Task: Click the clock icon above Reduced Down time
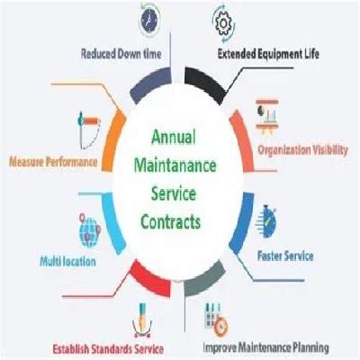pos(148,20)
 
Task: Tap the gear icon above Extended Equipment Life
pos(222,23)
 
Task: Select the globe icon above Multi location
pos(89,230)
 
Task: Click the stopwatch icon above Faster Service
pos(266,221)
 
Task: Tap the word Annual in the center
pos(174,138)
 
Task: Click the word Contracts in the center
pos(171,222)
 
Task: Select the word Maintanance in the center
pos(175,166)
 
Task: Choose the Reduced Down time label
pos(121,54)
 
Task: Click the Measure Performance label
pos(53,162)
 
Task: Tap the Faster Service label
pos(285,256)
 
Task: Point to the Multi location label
pos(67,262)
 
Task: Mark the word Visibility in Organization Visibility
pos(330,150)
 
